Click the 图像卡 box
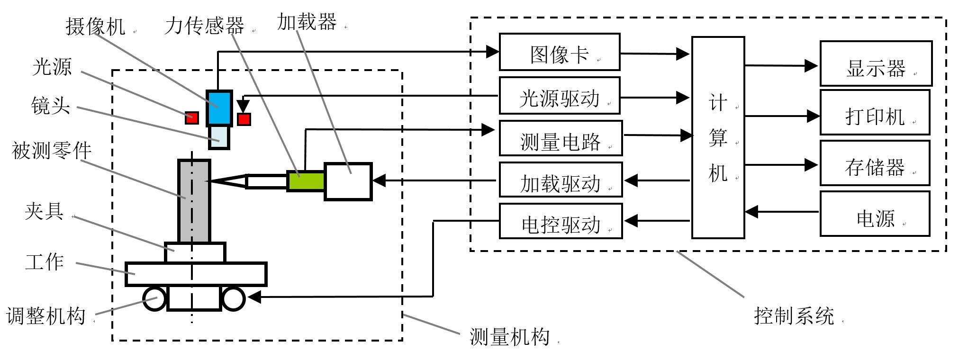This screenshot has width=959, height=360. point(559,52)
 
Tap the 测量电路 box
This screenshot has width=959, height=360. point(560,138)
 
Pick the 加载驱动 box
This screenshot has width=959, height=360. point(560,180)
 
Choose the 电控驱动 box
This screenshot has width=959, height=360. point(560,221)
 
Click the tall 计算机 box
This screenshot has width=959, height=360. point(717,137)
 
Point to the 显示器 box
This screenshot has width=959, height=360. point(876,63)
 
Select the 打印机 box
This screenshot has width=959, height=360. point(874,112)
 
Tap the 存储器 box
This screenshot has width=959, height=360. point(874,163)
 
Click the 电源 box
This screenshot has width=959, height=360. point(874,214)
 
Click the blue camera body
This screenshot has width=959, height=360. point(218,108)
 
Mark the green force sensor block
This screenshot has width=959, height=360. point(306,181)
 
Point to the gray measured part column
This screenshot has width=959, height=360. point(194,201)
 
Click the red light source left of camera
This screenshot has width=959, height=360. point(191,117)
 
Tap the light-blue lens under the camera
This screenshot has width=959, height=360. point(219,137)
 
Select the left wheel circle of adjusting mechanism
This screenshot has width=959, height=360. point(154,299)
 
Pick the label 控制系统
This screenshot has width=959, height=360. point(794,316)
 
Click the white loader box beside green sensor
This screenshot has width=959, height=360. point(348,181)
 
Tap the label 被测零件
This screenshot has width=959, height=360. point(51,151)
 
